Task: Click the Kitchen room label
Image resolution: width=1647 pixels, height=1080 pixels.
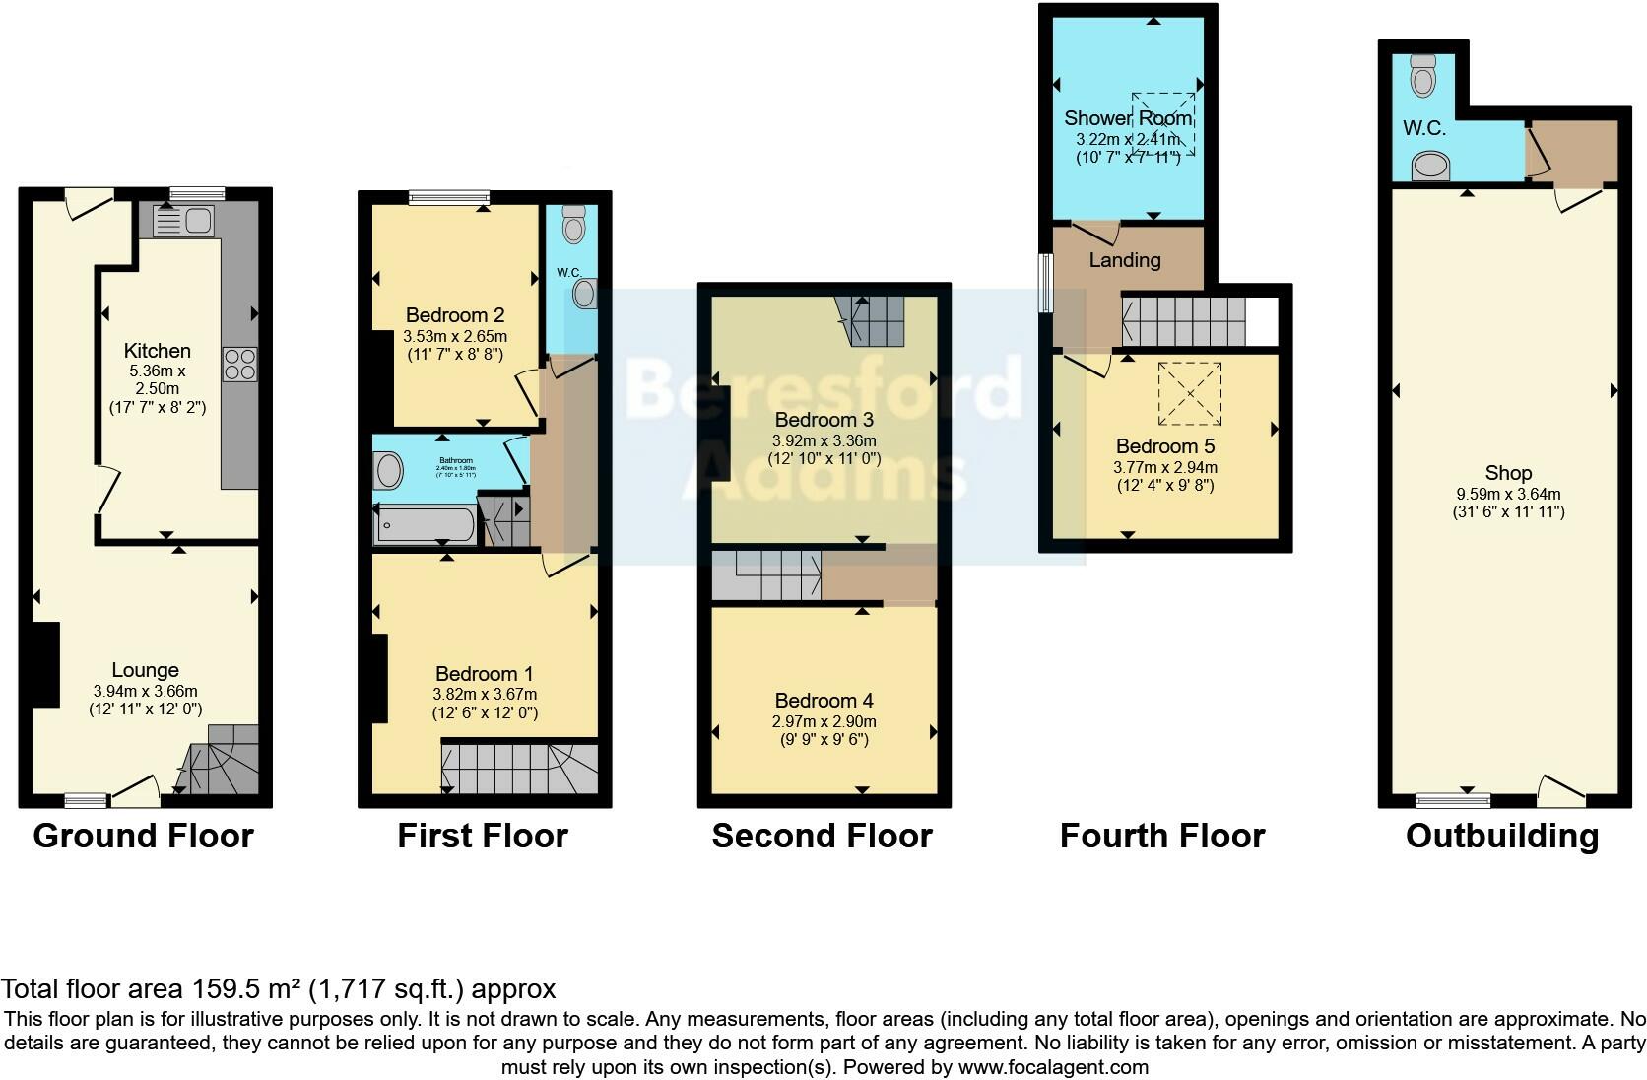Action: pos(157,351)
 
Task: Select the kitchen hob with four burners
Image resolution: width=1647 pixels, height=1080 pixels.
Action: pos(240,365)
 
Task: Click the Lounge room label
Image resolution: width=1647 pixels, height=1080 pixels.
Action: pos(145,670)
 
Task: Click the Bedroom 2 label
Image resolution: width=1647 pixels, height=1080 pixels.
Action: pos(455,315)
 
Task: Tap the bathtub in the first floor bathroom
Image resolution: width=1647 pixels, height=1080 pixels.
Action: pos(424,525)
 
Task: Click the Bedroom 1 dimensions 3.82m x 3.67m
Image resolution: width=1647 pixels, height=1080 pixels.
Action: pos(486,694)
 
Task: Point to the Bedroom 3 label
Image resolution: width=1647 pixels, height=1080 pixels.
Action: pos(823,421)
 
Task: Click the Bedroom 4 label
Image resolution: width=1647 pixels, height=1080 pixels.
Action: pos(823,701)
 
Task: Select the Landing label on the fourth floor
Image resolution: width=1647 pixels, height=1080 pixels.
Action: pos(1124,260)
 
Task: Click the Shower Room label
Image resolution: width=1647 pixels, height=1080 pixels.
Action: pos(1128,119)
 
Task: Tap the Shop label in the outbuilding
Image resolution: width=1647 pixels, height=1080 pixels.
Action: pos(1507,473)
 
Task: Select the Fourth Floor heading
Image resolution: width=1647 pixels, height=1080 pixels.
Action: pos(1161,836)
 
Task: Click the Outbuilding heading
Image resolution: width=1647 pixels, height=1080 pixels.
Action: pos(1501,836)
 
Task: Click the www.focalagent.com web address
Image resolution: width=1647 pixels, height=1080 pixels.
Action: pos(1052,1066)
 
